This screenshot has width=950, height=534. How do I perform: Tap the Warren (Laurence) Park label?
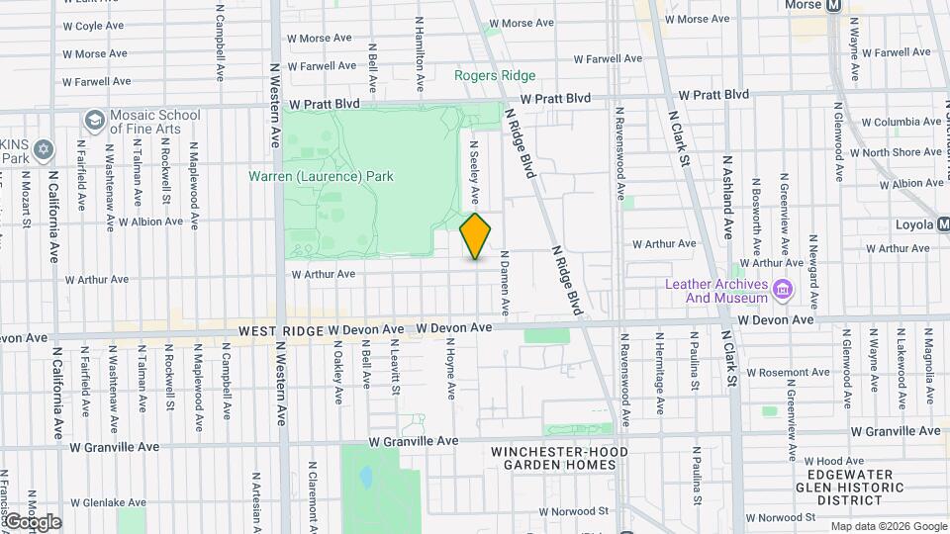coord(321,177)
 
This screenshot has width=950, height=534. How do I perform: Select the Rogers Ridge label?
coord(495,76)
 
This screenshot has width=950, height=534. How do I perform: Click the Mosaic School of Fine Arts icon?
coord(95,121)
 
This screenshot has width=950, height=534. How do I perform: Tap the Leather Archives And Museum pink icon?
coord(783,289)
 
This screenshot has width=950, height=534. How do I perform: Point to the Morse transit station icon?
coord(833,5)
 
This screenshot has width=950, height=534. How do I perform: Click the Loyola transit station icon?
coord(944,224)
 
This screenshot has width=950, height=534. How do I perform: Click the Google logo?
coord(32,522)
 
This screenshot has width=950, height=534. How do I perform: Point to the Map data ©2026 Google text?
coord(888,526)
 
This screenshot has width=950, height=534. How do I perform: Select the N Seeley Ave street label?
coord(474,159)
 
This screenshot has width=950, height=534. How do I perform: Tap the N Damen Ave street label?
coord(503,282)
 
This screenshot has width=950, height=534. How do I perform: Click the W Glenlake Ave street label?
coord(108,502)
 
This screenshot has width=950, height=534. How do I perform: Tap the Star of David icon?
coord(42,150)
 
